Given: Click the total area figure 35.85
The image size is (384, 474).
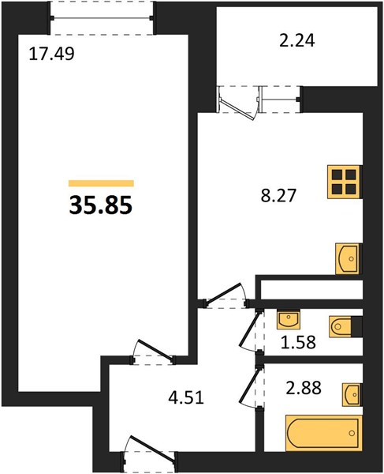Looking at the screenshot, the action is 101,205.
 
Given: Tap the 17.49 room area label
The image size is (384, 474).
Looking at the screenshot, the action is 51,55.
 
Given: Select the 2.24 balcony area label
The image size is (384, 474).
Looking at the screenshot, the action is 297,40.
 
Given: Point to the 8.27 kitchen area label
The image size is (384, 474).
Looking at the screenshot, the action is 279,195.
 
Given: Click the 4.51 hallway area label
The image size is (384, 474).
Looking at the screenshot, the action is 186,397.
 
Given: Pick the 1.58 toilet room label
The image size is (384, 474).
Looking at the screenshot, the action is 298,342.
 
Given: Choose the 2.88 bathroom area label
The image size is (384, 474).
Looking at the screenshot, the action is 304,388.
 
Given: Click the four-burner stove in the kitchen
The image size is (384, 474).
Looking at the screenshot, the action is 345,182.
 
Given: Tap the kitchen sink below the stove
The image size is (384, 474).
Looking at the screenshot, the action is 349,259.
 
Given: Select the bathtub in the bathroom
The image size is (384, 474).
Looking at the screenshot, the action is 323,433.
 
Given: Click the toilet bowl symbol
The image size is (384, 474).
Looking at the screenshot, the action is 341,326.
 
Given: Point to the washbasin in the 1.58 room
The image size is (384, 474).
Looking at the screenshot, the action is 289,320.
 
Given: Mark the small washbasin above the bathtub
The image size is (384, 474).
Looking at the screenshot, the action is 352,395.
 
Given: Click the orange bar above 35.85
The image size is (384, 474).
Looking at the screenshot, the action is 101,183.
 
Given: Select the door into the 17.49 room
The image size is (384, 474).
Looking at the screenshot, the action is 153,352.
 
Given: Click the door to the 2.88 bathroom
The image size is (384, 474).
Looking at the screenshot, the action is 252,388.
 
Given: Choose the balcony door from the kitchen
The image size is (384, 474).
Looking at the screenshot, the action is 238,103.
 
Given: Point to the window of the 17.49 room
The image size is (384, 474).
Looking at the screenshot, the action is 102,18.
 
